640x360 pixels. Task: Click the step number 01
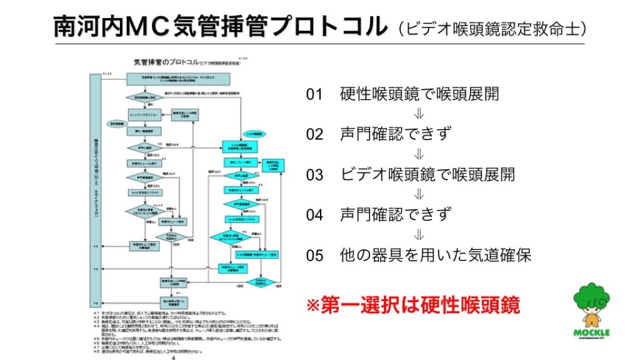314,95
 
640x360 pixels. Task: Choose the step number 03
314,175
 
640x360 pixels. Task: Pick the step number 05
314,255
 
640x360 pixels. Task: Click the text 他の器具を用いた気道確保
436,255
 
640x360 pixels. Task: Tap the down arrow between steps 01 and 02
419,114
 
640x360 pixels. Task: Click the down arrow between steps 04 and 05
419,235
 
